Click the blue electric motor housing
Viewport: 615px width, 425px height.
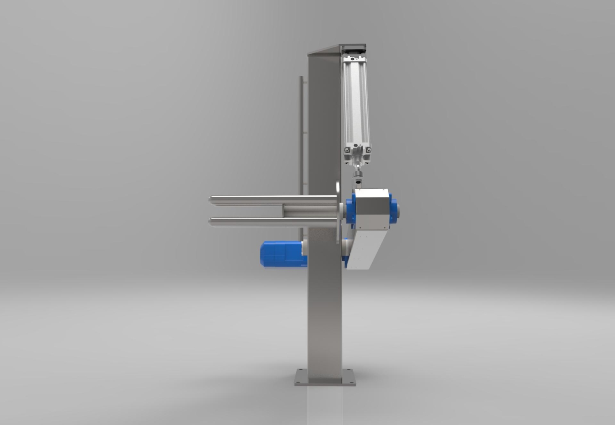coord(281,254)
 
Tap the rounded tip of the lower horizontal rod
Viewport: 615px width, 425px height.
coord(211,222)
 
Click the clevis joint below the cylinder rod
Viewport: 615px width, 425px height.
coord(358,177)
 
